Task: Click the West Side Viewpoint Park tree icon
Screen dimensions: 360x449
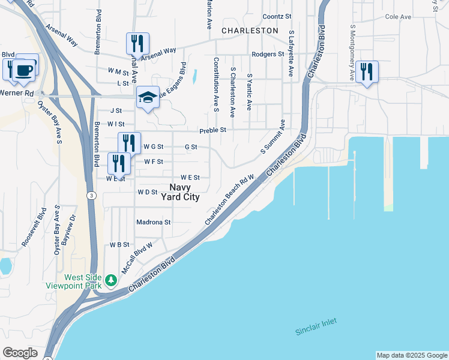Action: (x=110, y=280)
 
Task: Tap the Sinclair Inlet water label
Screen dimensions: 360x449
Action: (x=316, y=326)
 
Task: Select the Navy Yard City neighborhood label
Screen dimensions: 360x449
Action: (x=180, y=192)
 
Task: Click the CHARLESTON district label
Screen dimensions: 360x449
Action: (x=250, y=30)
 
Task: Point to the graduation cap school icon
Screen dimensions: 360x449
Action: (x=148, y=97)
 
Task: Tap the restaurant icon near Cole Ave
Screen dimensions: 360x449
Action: (x=366, y=72)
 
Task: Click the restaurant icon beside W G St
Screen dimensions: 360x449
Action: (x=129, y=143)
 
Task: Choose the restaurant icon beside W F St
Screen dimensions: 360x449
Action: (x=119, y=163)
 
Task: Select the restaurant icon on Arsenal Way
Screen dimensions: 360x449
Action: (x=137, y=44)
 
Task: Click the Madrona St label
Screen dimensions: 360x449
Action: (x=154, y=222)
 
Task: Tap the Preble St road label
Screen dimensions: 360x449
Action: (x=212, y=130)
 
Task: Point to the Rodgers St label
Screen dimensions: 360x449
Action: (x=268, y=54)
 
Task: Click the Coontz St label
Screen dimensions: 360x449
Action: (x=277, y=16)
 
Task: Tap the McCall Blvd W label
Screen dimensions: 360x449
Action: (x=137, y=259)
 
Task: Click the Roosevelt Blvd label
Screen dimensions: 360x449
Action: (x=34, y=227)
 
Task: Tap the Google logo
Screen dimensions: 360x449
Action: (x=20, y=353)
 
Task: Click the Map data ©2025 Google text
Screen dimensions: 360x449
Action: (x=412, y=355)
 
